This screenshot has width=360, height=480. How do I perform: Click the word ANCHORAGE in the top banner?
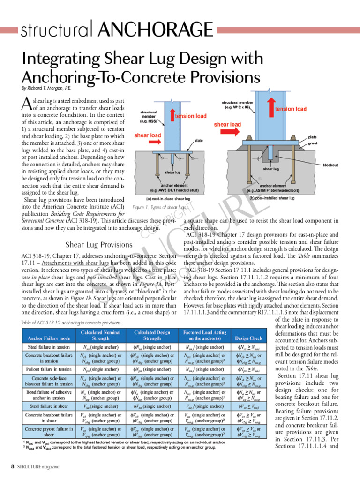click(x=161, y=30)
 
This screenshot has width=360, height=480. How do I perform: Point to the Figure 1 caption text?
click(x=160, y=207)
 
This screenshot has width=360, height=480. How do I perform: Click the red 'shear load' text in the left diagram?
click(x=148, y=135)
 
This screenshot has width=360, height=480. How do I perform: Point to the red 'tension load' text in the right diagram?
click(x=291, y=109)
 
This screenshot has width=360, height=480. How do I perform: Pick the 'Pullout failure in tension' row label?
click(x=49, y=369)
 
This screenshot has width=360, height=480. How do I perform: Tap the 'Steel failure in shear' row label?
click(x=49, y=405)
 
